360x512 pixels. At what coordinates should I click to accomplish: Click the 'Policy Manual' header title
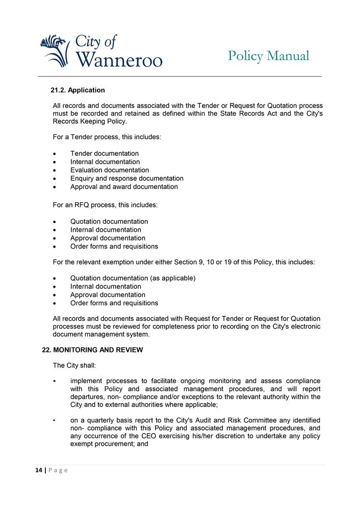(268, 56)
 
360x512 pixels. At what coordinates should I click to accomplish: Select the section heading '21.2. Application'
(78, 90)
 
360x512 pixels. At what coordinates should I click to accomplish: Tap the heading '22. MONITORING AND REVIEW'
(92, 350)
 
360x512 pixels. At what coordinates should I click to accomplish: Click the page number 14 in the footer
(38, 470)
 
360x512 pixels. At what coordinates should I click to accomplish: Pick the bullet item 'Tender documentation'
(105, 153)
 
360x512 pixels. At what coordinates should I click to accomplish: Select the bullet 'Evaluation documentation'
(110, 170)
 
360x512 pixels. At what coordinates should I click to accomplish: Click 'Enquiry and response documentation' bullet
(127, 178)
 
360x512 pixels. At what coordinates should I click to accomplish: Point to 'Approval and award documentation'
(124, 187)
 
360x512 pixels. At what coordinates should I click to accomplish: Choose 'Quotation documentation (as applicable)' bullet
(133, 278)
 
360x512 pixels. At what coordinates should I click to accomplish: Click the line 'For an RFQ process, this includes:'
(106, 205)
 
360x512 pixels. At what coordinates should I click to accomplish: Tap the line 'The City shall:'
(74, 365)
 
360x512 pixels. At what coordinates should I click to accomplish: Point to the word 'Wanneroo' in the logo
(119, 60)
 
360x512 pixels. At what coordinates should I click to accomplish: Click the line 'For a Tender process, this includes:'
(107, 137)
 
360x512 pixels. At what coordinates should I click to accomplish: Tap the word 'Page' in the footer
(58, 470)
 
